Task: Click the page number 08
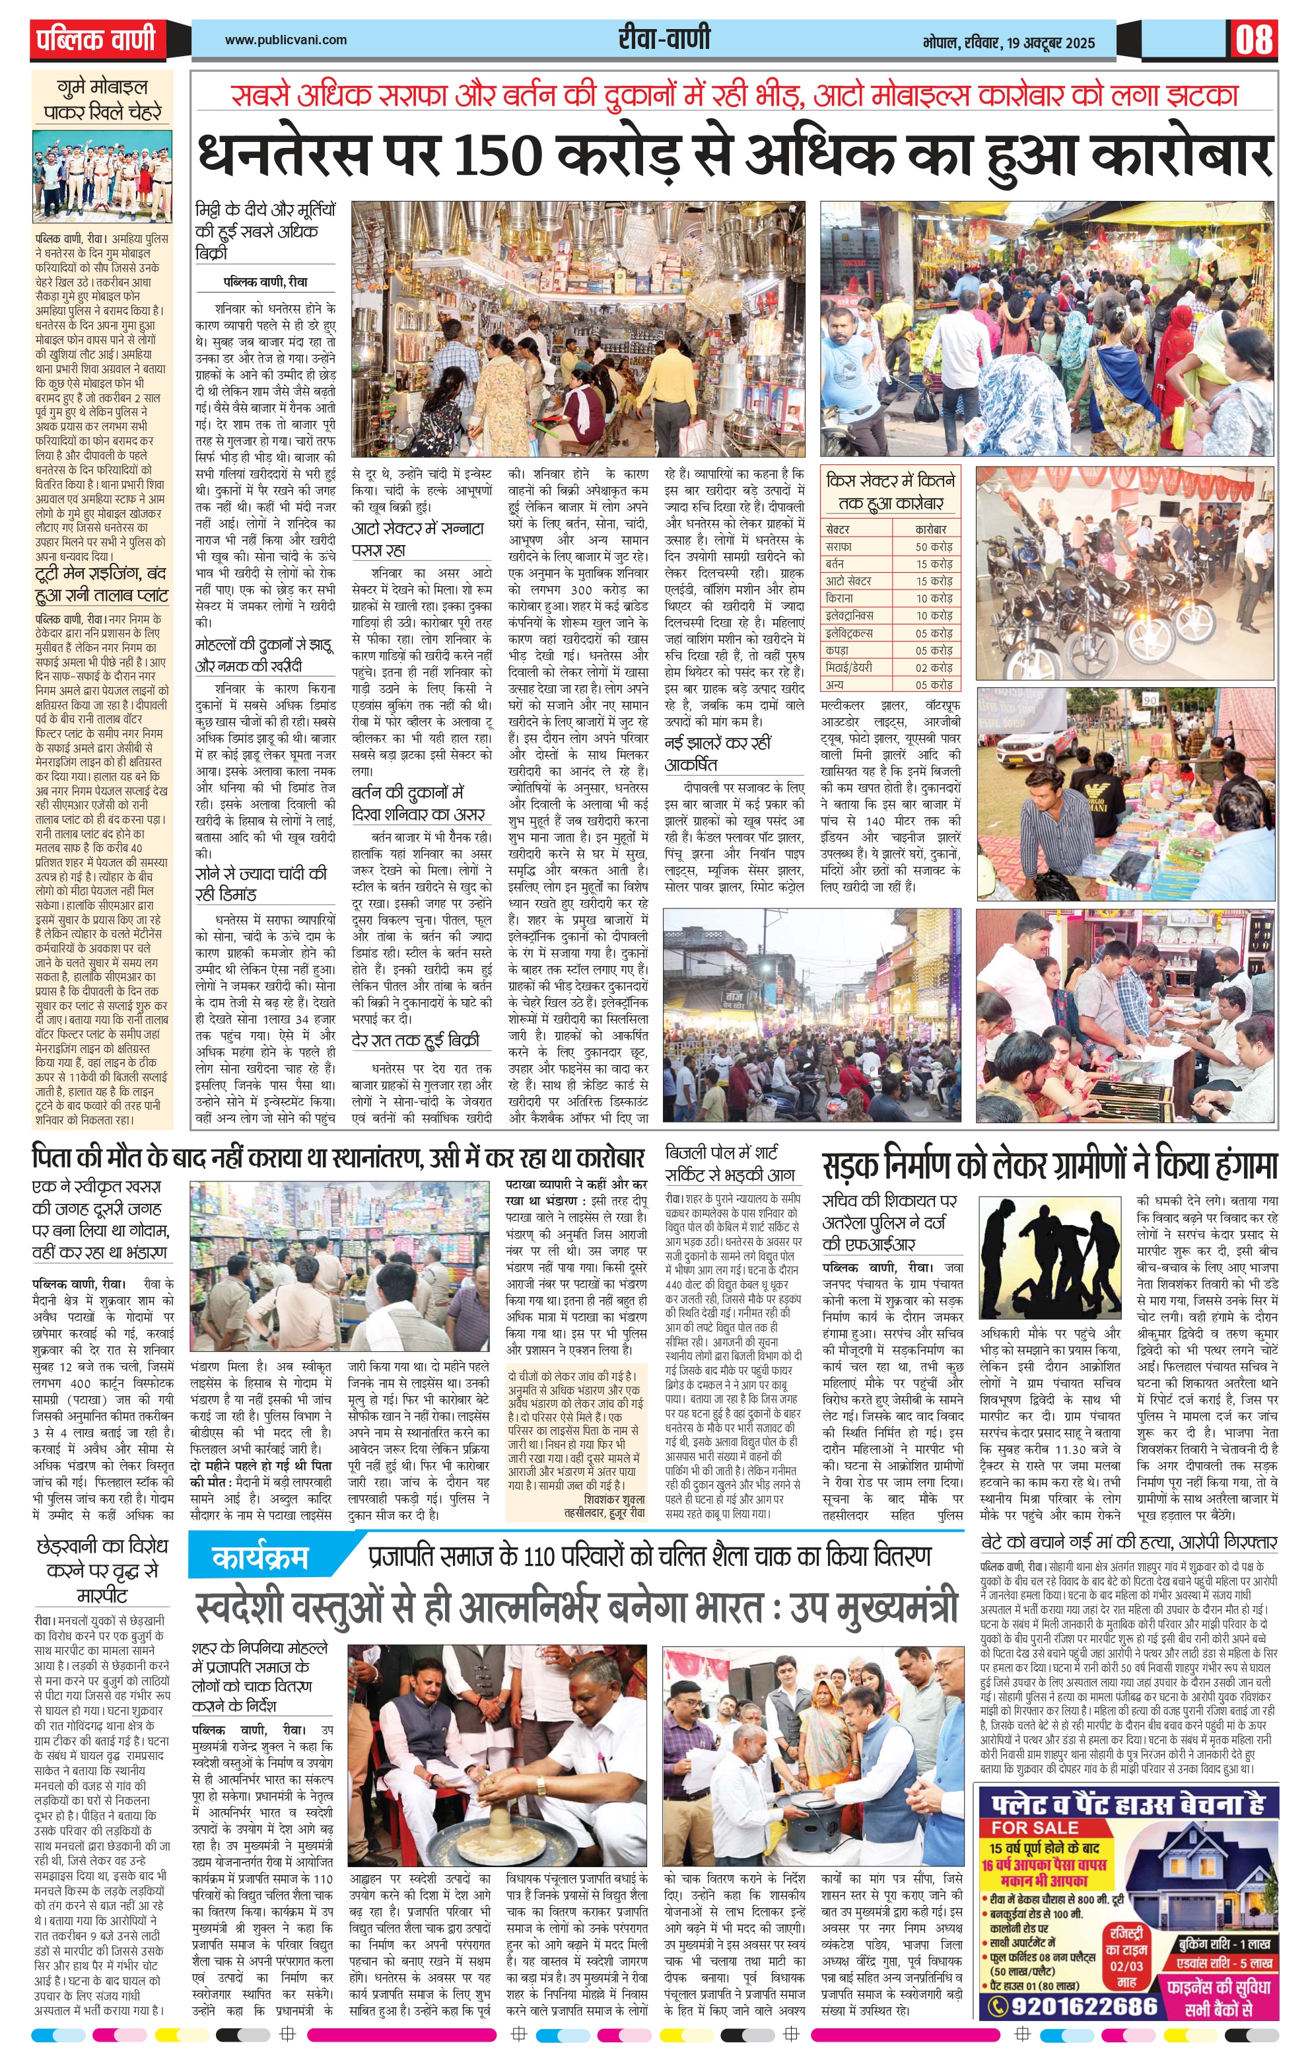click(x=1253, y=40)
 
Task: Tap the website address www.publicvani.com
click(x=286, y=40)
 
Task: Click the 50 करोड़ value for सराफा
click(x=933, y=546)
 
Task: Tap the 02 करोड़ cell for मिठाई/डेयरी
click(x=933, y=667)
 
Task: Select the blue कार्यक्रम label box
click(x=259, y=1557)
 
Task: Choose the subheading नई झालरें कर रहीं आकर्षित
click(x=718, y=753)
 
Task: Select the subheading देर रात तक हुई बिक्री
click(x=415, y=1041)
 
